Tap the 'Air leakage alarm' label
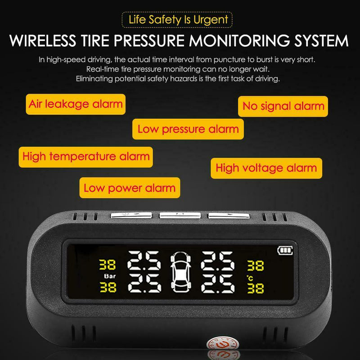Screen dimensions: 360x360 tap(76, 104)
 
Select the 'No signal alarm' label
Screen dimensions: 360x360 tap(283, 106)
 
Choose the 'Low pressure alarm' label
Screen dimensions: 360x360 tap(188, 129)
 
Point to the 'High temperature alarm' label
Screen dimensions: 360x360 tap(85, 156)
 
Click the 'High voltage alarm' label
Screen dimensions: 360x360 tap(266, 168)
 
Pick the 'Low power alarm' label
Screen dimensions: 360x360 tap(129, 188)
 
